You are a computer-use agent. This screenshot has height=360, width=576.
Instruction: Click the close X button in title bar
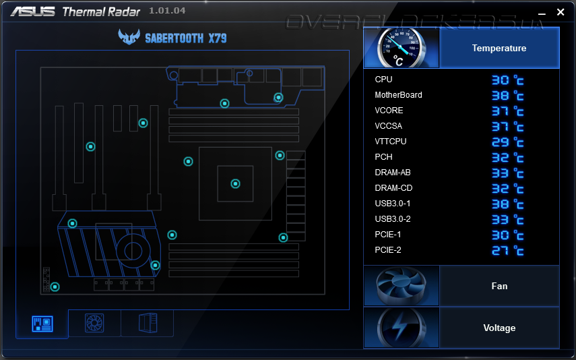pyautogui.click(x=561, y=12)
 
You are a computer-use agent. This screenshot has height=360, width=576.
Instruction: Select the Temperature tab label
pyautogui.click(x=499, y=48)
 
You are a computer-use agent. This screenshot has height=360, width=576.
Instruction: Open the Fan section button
pyautogui.click(x=499, y=286)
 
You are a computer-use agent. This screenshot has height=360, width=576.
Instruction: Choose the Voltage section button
pyautogui.click(x=499, y=328)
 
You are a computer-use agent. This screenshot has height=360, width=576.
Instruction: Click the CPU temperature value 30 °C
pyautogui.click(x=507, y=80)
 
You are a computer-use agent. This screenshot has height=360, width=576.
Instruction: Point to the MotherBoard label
pyautogui.click(x=398, y=95)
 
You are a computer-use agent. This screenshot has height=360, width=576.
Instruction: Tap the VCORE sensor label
pyautogui.click(x=389, y=111)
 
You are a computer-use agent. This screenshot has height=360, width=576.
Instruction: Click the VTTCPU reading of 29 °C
pyautogui.click(x=507, y=142)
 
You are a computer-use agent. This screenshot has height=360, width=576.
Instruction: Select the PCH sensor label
pyautogui.click(x=383, y=157)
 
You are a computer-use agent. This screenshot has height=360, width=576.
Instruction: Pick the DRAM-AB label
pyautogui.click(x=392, y=173)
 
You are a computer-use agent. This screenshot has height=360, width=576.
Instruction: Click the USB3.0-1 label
pyautogui.click(x=392, y=204)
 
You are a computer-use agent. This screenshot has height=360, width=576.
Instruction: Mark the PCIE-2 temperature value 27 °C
pyautogui.click(x=507, y=251)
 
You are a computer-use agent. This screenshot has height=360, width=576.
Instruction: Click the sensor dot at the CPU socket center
pyautogui.click(x=235, y=183)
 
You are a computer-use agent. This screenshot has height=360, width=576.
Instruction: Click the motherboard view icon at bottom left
pyautogui.click(x=42, y=324)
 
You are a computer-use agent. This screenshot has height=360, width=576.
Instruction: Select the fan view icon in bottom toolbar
pyautogui.click(x=94, y=324)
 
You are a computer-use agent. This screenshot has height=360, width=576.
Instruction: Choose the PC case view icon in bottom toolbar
pyautogui.click(x=147, y=324)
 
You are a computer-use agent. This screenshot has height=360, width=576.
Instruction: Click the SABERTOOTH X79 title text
pyautogui.click(x=185, y=38)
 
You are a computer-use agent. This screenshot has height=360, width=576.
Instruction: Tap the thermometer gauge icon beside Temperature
pyautogui.click(x=402, y=48)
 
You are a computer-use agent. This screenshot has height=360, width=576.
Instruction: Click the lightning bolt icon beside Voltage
pyautogui.click(x=402, y=328)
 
